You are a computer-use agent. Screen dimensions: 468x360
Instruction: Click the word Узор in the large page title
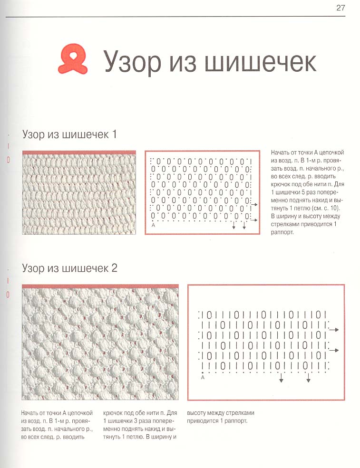tap(130, 62)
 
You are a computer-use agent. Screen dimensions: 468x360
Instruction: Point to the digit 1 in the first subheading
tap(114, 134)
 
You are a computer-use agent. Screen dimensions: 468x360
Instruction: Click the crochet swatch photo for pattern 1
tap(79, 192)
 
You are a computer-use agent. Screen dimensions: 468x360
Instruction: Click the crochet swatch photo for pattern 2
tap(100, 342)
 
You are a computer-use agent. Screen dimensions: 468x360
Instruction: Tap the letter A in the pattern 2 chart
tap(203, 378)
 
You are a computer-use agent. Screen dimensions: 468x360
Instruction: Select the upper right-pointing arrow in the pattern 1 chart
tap(254, 204)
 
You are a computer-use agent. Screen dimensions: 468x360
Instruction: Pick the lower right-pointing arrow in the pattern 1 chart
tap(254, 220)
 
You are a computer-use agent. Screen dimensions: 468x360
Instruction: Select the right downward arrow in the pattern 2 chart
tap(308, 379)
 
